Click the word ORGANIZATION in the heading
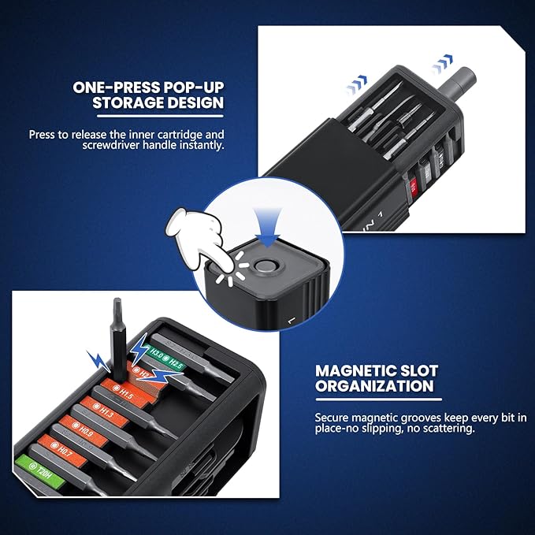tap(374, 385)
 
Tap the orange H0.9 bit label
tap(84, 430)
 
